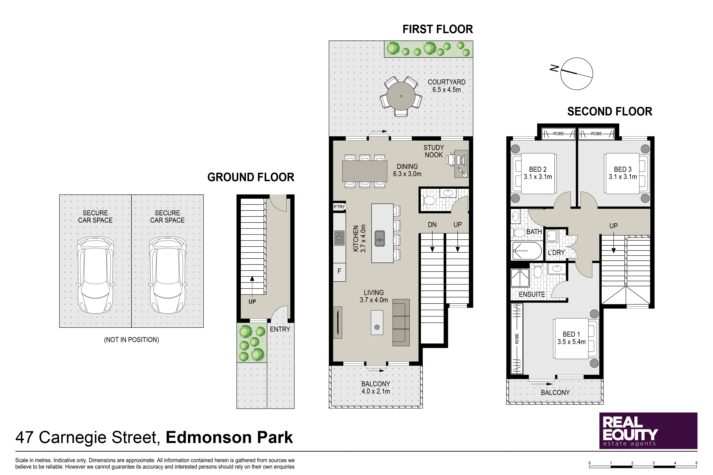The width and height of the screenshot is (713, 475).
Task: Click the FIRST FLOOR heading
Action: tap(437, 29)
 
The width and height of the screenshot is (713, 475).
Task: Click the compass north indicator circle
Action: tap(577, 74)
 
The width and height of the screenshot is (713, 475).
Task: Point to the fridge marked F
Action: tap(339, 271)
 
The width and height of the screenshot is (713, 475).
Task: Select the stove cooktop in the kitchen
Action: tap(339, 238)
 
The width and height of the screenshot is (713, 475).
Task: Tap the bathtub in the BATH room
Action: tap(527, 251)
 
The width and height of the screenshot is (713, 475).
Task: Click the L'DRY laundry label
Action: tap(556, 253)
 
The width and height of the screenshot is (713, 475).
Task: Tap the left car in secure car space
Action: tap(96, 275)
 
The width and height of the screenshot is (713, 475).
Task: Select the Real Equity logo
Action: tap(648, 431)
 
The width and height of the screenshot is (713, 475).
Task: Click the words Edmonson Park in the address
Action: tap(229, 437)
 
